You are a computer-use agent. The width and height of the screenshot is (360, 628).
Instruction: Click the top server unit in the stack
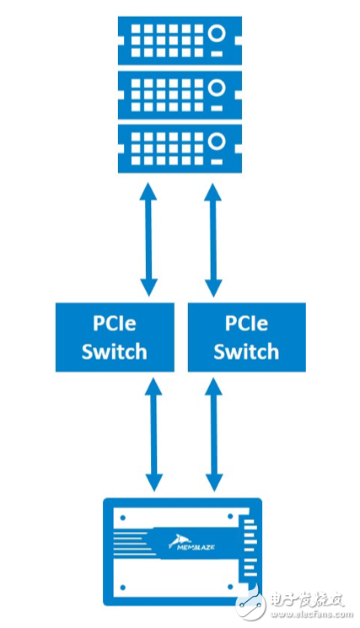(x=180, y=38)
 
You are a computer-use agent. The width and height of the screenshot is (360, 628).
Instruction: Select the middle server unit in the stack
(x=180, y=92)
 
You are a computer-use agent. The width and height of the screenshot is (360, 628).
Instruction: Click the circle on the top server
(x=217, y=34)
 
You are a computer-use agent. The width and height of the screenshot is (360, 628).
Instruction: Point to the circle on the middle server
(x=217, y=88)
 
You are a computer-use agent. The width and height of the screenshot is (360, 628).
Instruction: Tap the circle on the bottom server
(x=217, y=142)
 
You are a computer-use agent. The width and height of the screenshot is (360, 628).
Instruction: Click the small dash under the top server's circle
(x=217, y=53)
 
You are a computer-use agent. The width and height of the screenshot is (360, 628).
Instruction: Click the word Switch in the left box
(x=114, y=351)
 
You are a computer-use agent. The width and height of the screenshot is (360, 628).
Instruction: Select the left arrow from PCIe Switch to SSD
(x=154, y=434)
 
